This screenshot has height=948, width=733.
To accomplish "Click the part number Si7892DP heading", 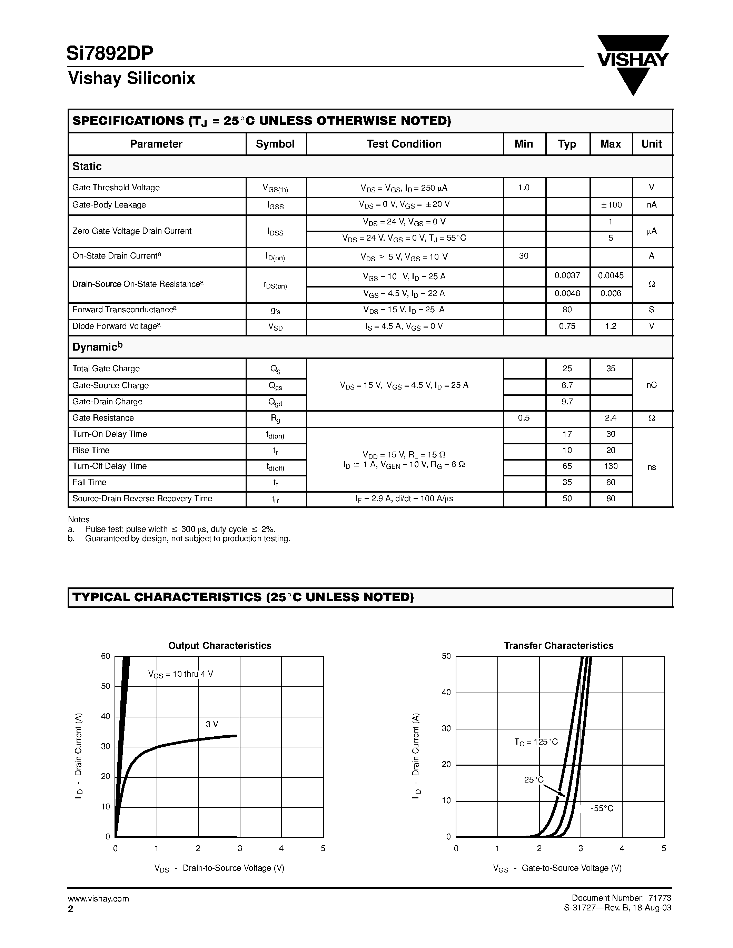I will (x=110, y=53).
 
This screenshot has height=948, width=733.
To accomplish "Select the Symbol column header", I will (x=275, y=144).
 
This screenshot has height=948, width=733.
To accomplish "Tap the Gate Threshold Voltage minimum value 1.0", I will (x=524, y=188).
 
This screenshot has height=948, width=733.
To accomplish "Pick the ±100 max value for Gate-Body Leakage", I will (x=611, y=205).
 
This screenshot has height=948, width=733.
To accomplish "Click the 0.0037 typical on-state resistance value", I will (x=567, y=276).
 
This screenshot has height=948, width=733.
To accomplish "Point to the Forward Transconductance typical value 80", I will (x=567, y=310).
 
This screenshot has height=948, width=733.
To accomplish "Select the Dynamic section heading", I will (x=97, y=347).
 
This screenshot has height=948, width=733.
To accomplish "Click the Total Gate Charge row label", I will (x=106, y=369).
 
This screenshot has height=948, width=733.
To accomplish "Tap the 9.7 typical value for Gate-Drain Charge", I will (x=567, y=402).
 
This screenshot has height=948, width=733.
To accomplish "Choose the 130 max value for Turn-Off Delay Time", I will (x=611, y=466).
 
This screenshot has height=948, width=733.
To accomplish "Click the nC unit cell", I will (x=651, y=385).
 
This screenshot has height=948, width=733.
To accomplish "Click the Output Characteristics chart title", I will (x=220, y=645).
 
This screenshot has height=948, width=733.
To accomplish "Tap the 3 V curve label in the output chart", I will (x=212, y=724).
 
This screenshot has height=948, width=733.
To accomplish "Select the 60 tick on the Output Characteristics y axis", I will (x=106, y=656).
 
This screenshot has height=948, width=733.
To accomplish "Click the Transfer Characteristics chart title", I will (x=558, y=645).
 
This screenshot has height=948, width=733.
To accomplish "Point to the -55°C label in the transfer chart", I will (x=602, y=808).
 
